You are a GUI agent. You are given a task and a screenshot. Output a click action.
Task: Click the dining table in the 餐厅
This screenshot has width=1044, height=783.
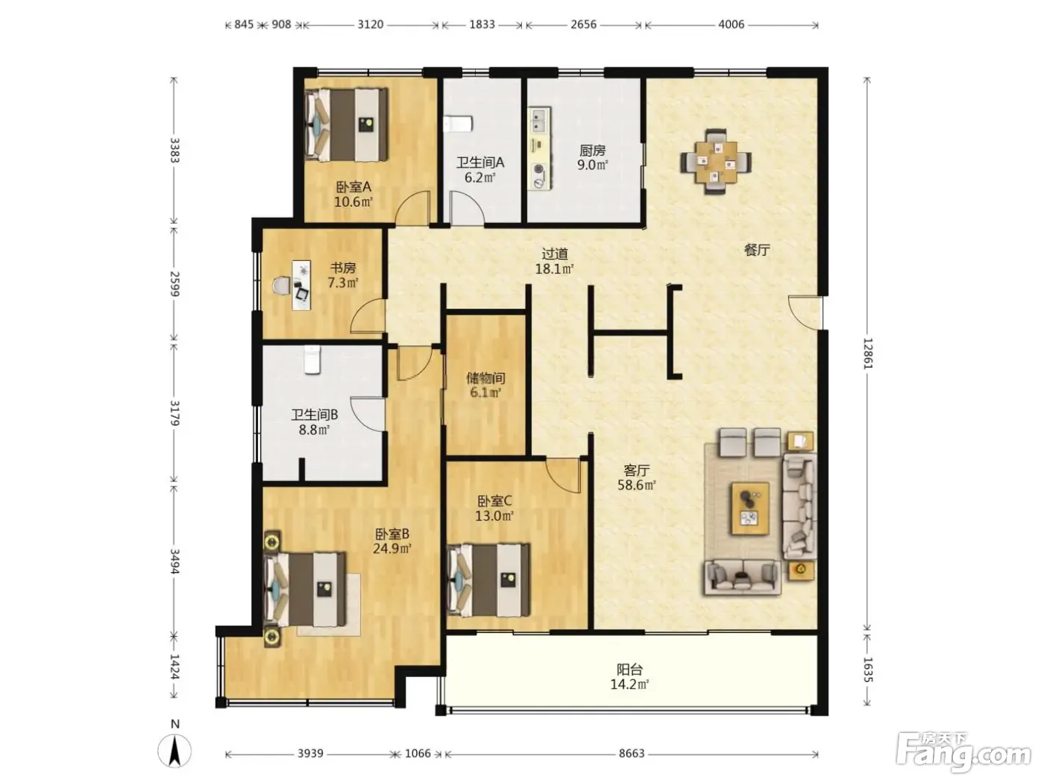pyautogui.click(x=715, y=162)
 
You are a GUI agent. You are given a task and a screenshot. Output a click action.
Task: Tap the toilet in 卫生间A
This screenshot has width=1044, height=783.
pyautogui.click(x=458, y=124)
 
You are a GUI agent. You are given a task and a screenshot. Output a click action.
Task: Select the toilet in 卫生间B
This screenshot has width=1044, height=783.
pyautogui.click(x=312, y=359)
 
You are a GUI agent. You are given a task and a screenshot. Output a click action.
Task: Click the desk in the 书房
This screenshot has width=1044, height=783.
pyautogui.click(x=301, y=285)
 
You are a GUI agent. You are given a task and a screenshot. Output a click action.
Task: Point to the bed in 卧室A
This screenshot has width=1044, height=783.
pyautogui.click(x=346, y=125)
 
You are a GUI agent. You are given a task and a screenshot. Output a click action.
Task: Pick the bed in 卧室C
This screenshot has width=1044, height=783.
pyautogui.click(x=488, y=579)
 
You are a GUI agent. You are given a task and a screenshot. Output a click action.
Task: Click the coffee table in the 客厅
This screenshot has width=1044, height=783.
pyautogui.click(x=750, y=508)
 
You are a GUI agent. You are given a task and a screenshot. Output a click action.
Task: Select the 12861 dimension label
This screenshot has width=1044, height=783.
pyautogui.click(x=867, y=353)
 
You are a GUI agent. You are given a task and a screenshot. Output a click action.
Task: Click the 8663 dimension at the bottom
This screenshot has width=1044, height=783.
pyautogui.click(x=631, y=753)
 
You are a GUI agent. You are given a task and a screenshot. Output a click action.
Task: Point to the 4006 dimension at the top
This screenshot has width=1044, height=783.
pyautogui.click(x=731, y=25)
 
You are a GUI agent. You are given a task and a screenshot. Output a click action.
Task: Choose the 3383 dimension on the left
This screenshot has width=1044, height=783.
pyautogui.click(x=174, y=150)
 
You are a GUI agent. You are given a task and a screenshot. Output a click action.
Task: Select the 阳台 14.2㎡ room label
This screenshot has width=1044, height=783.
pyautogui.click(x=629, y=677)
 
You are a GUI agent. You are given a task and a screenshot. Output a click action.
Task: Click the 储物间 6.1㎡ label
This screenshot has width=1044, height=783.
pyautogui.click(x=485, y=385)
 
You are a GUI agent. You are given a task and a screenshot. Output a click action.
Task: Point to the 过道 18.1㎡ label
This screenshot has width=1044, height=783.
pyautogui.click(x=554, y=261)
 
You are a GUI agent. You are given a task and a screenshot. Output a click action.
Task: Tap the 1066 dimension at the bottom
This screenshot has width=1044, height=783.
pyautogui.click(x=418, y=753)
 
